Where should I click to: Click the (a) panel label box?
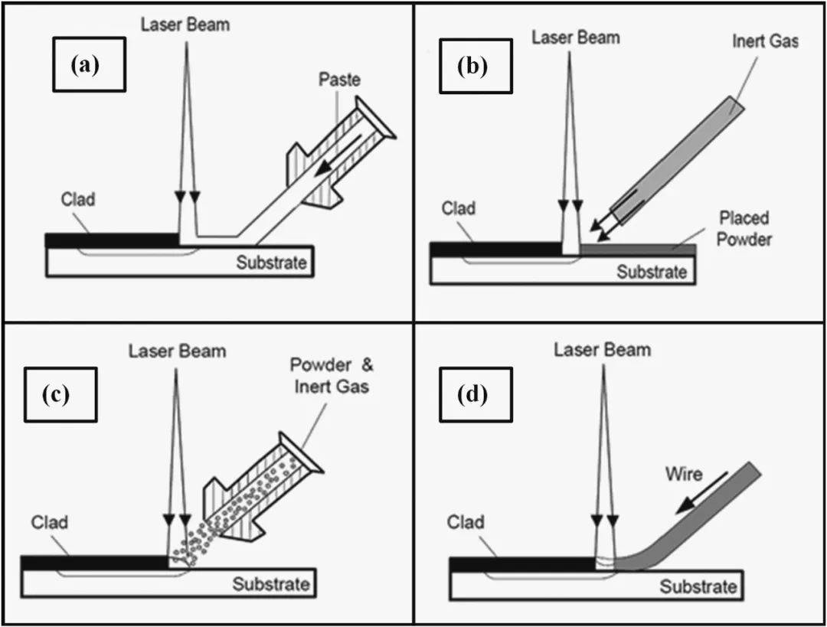click(85, 65)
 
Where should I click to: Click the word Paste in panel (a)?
click(339, 80)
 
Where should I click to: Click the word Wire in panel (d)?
click(683, 474)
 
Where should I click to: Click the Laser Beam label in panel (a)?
click(185, 24)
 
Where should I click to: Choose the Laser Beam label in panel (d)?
click(603, 350)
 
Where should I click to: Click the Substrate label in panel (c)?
click(271, 584)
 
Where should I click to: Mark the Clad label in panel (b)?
click(458, 208)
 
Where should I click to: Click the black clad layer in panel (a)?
click(111, 240)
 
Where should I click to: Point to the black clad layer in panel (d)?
click(521, 564)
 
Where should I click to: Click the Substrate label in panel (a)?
click(271, 263)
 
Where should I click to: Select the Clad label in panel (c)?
click(50, 523)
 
